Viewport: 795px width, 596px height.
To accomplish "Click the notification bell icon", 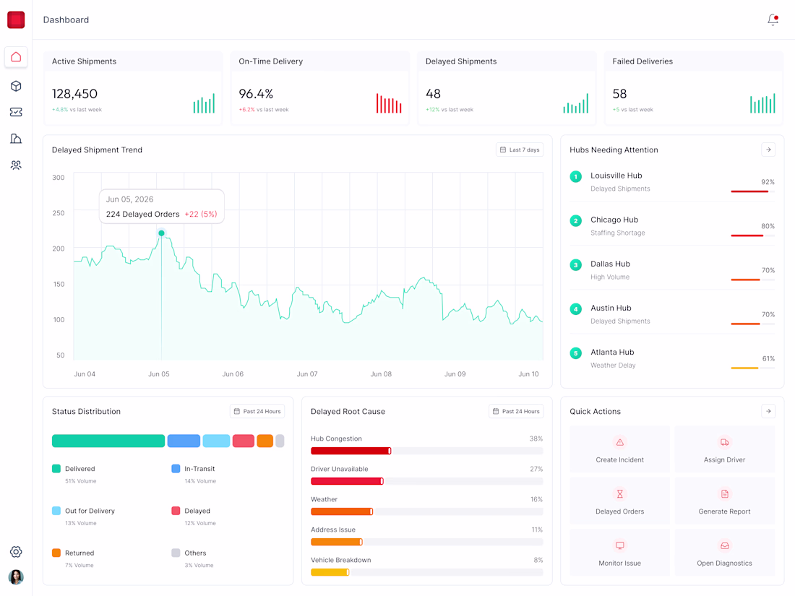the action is [773, 20].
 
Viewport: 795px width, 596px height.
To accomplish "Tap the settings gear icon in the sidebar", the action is [16, 552].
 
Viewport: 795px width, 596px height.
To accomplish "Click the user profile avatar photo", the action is [16, 577].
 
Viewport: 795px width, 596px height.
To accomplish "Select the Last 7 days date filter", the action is [520, 150].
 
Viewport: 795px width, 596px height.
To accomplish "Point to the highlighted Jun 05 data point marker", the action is [161, 233].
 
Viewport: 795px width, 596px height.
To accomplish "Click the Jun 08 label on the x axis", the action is [381, 374].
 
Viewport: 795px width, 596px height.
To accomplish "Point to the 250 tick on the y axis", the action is [59, 213].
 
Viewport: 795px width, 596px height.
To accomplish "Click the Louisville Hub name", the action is [616, 176].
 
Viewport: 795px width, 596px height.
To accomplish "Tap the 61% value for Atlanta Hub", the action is [769, 359].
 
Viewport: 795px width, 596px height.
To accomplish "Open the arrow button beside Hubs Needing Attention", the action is [769, 150].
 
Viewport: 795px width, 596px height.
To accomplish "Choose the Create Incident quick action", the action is [619, 449].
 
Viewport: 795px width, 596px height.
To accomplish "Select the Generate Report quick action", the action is [724, 501].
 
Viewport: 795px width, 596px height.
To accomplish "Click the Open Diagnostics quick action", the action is [724, 553].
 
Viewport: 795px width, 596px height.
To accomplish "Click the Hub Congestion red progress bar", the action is [351, 451].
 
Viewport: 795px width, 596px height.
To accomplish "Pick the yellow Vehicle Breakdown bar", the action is [330, 573].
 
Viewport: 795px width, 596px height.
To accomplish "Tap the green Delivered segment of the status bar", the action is [108, 441].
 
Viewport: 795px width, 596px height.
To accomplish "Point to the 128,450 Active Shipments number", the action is [74, 94].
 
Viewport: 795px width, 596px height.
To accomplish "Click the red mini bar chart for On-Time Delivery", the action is [389, 103].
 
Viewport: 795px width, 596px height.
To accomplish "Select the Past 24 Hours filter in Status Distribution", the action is [257, 412].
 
